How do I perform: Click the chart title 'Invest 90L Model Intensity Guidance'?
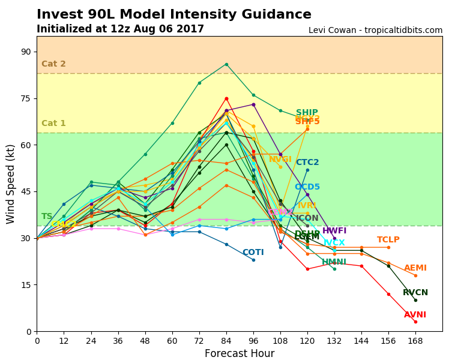point(174,15)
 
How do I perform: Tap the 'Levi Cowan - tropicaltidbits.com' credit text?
point(375,31)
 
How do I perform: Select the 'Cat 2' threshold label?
point(53,64)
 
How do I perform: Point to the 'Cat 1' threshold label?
point(53,124)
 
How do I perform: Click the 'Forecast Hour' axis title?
point(240,353)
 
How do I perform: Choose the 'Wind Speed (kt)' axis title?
point(11,184)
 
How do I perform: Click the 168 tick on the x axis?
point(415,340)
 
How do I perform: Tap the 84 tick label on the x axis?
point(226,340)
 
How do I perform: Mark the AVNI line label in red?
point(415,315)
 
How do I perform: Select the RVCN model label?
point(415,293)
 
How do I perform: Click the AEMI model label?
point(415,268)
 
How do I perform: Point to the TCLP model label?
point(388,240)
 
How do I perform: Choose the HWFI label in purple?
point(334,231)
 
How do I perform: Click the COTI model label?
point(253,253)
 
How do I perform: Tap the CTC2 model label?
point(307,163)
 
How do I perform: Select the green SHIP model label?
point(307,113)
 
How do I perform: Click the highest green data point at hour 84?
point(226,64)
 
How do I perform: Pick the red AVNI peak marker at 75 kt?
point(226,98)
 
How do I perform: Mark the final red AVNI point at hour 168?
point(415,322)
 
